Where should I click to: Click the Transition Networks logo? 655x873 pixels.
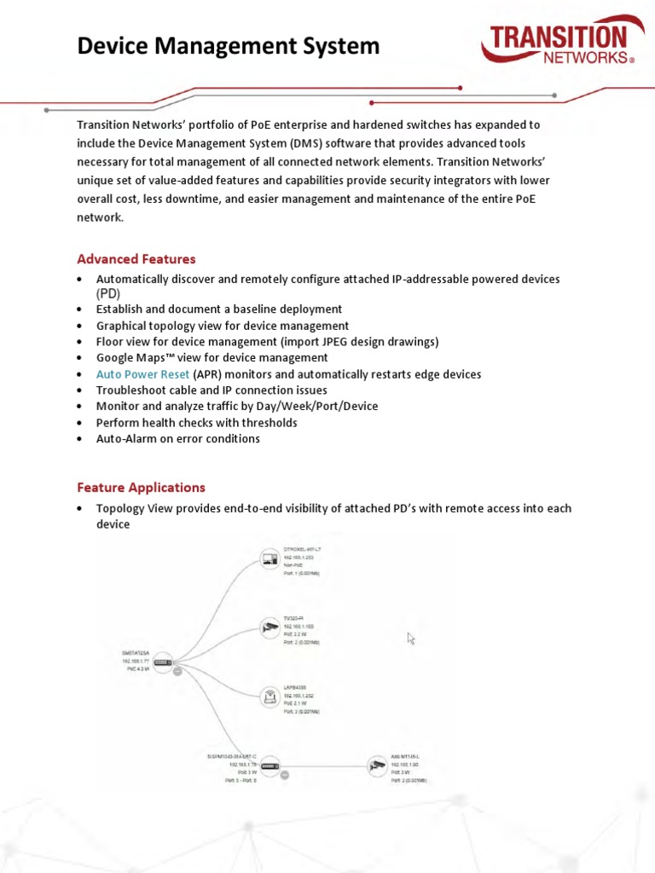[x=558, y=45]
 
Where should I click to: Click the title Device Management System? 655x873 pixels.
[x=228, y=46]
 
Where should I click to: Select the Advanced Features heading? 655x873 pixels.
[x=136, y=259]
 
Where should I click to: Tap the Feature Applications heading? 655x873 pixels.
[x=141, y=488]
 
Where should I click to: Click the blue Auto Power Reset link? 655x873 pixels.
[x=142, y=374]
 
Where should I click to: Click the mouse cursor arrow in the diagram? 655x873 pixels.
[x=411, y=639]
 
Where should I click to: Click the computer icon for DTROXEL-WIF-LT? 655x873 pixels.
[x=270, y=560]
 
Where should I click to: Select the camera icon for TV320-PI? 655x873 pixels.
[x=270, y=628]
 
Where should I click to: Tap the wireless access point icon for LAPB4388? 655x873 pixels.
[x=270, y=697]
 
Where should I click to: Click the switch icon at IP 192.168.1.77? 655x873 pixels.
[x=163, y=662]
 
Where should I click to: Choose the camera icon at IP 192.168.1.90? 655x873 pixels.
[x=377, y=766]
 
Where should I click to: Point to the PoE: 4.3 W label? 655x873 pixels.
[x=137, y=669]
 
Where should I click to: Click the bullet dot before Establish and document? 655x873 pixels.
[x=79, y=309]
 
